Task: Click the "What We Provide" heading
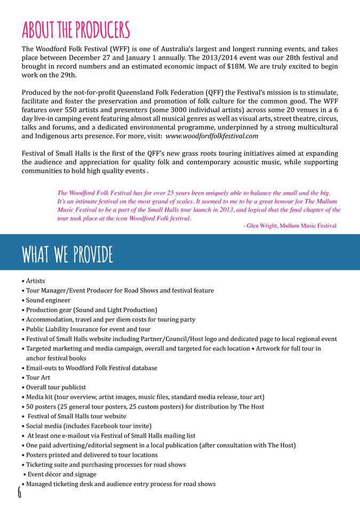(x=67, y=254)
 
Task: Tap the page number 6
(x=19, y=491)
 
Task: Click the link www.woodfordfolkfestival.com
(x=212, y=136)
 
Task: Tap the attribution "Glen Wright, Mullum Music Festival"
(x=291, y=226)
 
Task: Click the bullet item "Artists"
(x=34, y=281)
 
